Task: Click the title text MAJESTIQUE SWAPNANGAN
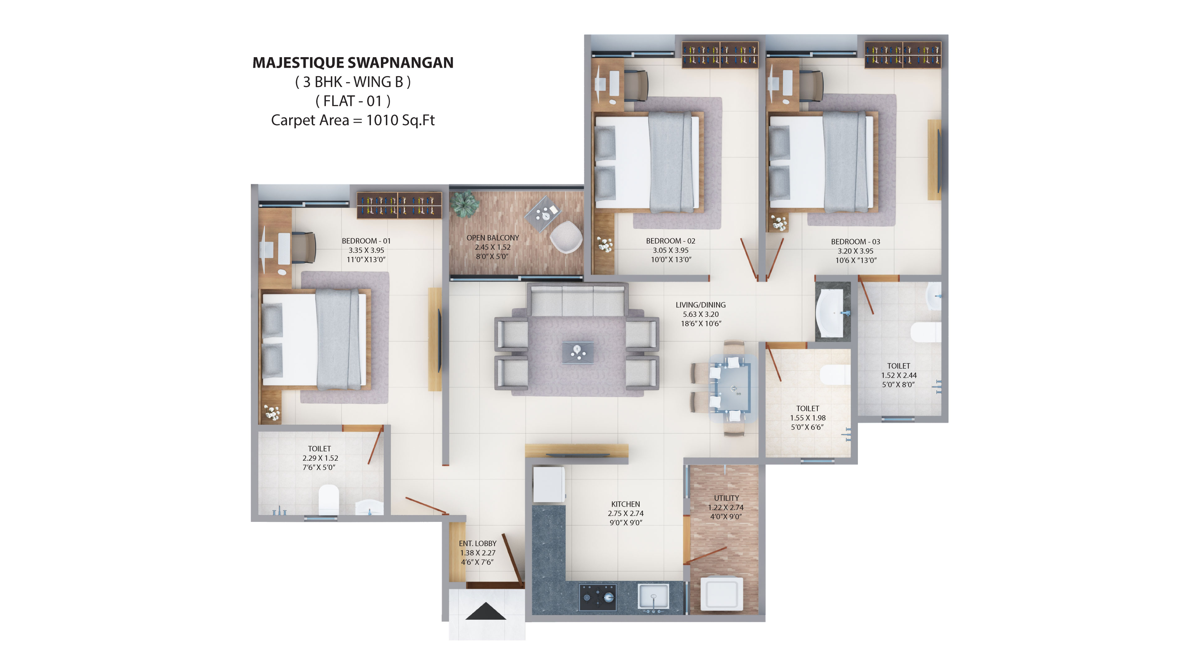[x=353, y=62]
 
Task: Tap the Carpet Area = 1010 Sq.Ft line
[x=353, y=120]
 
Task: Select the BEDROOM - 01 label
[x=366, y=241]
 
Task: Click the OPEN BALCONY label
[x=493, y=238]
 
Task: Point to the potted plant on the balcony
[x=465, y=204]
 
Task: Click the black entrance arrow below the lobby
[x=485, y=611]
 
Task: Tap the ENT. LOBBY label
[x=477, y=543]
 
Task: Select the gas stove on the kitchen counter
[x=597, y=597]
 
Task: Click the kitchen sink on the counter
[x=653, y=596]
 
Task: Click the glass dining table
[x=732, y=388]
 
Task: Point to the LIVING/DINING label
[x=700, y=305]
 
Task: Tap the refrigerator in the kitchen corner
[x=549, y=484]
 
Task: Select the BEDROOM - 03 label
[x=855, y=242]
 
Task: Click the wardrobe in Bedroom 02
[x=720, y=55]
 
